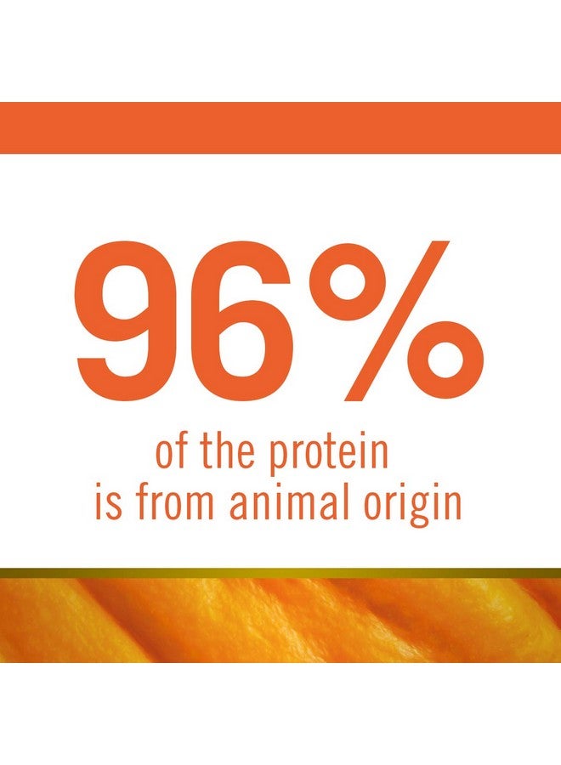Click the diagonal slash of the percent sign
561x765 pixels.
click(396, 320)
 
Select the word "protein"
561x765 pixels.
click(329, 456)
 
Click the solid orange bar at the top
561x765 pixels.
click(280, 127)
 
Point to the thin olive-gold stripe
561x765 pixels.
click(280, 573)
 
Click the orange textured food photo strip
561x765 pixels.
click(280, 620)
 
